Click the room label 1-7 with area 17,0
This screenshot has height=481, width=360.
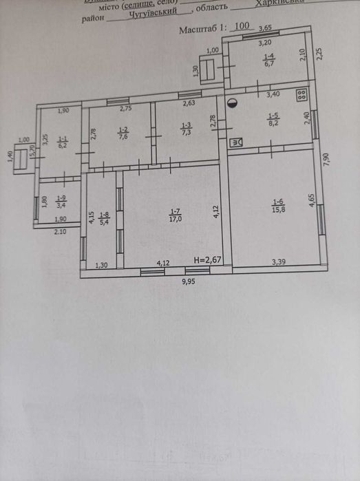click(x=176, y=215)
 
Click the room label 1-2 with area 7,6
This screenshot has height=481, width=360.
click(x=124, y=132)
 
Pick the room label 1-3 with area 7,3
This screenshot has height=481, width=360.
click(x=186, y=129)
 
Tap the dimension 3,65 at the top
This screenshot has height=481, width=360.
click(x=266, y=28)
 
